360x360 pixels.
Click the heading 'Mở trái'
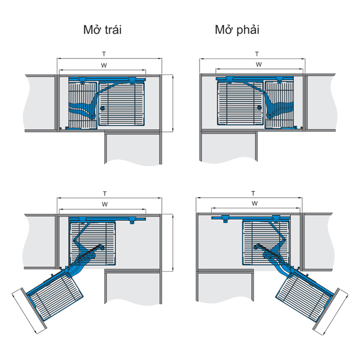click(x=102, y=30)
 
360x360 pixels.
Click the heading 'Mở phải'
click(x=237, y=30)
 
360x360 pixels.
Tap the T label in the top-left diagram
click(x=104, y=54)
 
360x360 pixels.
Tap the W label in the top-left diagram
click(x=104, y=65)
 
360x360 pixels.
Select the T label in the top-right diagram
click(x=257, y=54)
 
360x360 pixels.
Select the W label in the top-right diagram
click(x=258, y=64)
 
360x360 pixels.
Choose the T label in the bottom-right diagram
click(x=253, y=193)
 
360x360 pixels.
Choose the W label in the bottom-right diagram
click(x=255, y=204)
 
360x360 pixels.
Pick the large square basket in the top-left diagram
click(x=123, y=104)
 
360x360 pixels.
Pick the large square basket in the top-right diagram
click(x=239, y=104)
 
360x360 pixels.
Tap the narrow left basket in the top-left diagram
click(x=83, y=104)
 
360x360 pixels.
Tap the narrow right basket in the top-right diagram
click(x=280, y=104)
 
